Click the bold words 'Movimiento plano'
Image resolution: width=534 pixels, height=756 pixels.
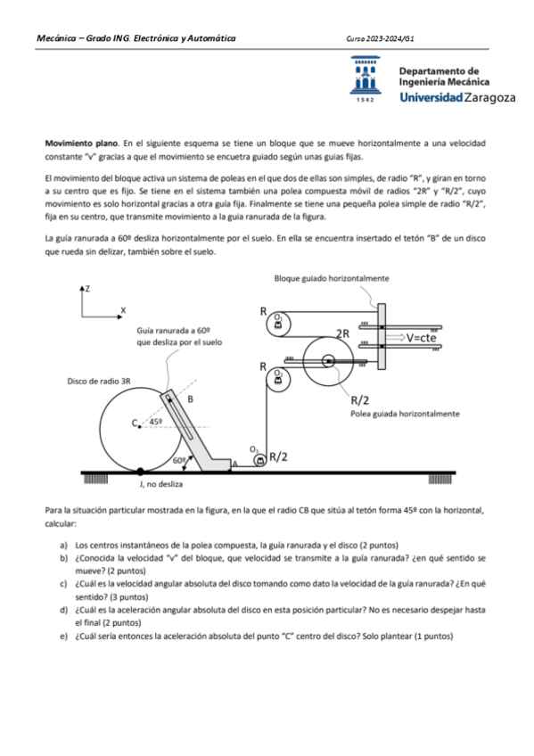pyautogui.click(x=84, y=143)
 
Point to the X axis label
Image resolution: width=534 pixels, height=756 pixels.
pyautogui.click(x=123, y=309)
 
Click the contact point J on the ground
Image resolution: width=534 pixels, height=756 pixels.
pyautogui.click(x=139, y=470)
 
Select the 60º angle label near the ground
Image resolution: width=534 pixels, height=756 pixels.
pyautogui.click(x=179, y=460)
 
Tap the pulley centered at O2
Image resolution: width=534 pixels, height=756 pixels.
pyautogui.click(x=279, y=378)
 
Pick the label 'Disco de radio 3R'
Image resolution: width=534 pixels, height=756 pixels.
pyautogui.click(x=99, y=381)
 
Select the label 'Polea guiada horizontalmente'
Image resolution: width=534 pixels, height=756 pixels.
pyautogui.click(x=405, y=414)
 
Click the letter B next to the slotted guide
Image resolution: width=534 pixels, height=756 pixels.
pyautogui.click(x=190, y=399)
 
